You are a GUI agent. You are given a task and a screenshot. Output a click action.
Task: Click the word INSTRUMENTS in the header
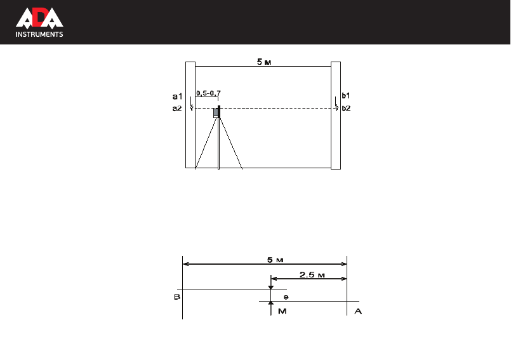(39, 34)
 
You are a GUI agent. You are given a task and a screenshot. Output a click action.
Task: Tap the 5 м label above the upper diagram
(264, 62)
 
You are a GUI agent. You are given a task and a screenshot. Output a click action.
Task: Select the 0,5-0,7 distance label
(208, 93)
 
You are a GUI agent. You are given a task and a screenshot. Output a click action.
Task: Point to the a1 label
(177, 97)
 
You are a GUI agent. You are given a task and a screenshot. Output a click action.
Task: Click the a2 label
(177, 109)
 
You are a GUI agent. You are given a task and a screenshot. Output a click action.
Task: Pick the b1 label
(346, 95)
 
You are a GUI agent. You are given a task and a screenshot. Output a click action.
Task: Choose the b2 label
(346, 109)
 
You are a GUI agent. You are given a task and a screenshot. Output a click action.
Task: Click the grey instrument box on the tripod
(216, 113)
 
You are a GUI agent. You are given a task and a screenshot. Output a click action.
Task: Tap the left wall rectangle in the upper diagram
(190, 115)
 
